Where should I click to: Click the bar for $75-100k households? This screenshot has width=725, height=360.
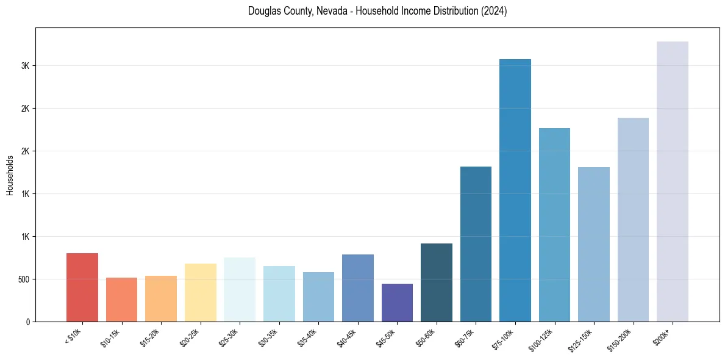pyautogui.click(x=515, y=190)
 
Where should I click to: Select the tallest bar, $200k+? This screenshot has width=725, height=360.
pyautogui.click(x=673, y=181)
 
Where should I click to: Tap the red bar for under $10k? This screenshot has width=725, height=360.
pyautogui.click(x=82, y=287)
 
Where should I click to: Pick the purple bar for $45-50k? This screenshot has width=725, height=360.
pyautogui.click(x=397, y=303)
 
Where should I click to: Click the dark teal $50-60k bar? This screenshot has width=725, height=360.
pyautogui.click(x=437, y=283)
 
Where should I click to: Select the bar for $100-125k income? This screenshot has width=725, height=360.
pyautogui.click(x=554, y=225)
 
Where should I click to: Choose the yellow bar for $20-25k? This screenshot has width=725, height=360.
pyautogui.click(x=201, y=292)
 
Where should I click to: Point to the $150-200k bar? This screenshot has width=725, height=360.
pyautogui.click(x=633, y=220)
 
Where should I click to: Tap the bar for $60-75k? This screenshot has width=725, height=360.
pyautogui.click(x=476, y=244)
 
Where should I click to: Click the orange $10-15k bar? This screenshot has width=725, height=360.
pyautogui.click(x=121, y=300)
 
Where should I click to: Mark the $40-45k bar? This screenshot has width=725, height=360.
pyautogui.click(x=358, y=288)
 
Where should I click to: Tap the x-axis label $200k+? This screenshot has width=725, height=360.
pyautogui.click(x=664, y=335)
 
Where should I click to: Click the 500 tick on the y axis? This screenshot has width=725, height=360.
pyautogui.click(x=22, y=279)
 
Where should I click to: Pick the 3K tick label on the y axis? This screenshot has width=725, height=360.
pyautogui.click(x=25, y=66)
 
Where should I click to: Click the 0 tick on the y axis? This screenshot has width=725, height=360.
pyautogui.click(x=28, y=322)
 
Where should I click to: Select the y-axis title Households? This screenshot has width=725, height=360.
pyautogui.click(x=10, y=175)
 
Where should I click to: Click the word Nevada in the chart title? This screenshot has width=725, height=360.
pyautogui.click(x=331, y=11)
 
